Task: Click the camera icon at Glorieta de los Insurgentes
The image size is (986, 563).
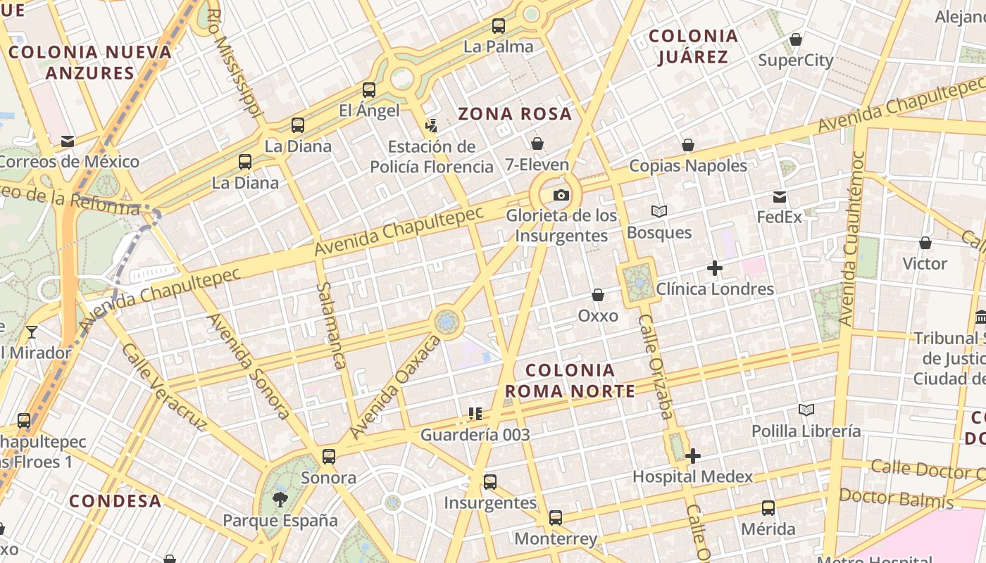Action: tap(561, 195)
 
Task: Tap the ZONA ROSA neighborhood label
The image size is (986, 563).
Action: tap(515, 113)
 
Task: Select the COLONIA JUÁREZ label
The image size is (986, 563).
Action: tap(693, 46)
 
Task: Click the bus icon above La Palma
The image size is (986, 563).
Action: tap(499, 26)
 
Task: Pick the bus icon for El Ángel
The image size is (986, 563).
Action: tap(369, 89)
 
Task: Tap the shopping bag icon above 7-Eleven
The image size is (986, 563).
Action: tap(537, 144)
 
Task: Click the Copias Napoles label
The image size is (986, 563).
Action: tap(687, 165)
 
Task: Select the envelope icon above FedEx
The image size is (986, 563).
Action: tap(780, 196)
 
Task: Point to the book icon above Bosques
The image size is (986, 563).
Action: tap(659, 211)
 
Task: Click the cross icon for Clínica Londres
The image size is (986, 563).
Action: tap(715, 268)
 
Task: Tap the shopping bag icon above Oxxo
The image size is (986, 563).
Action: tap(598, 294)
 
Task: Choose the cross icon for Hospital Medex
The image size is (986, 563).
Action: tap(693, 456)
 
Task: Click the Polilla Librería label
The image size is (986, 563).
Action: tap(806, 431)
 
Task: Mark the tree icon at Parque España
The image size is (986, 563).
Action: tap(280, 500)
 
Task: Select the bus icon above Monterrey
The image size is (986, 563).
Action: tap(556, 518)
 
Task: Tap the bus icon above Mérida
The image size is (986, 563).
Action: tap(768, 508)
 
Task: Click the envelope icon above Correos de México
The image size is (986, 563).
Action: tap(68, 141)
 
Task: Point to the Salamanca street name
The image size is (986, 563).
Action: tap(330, 326)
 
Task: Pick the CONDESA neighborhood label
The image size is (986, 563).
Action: tap(116, 501)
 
